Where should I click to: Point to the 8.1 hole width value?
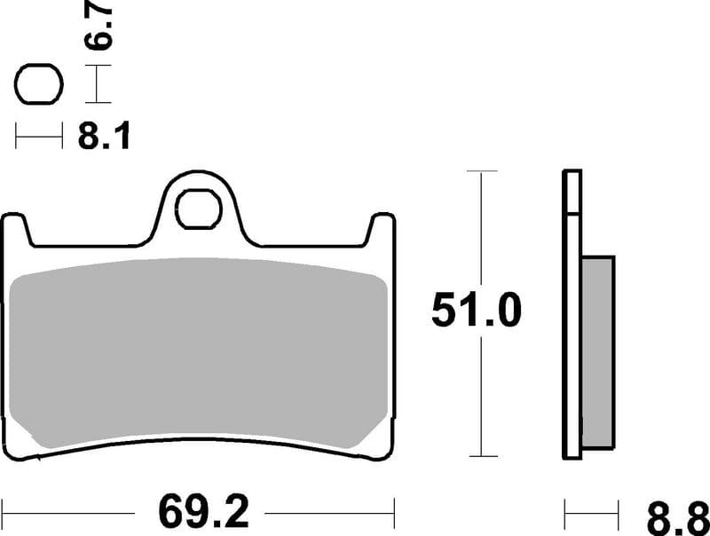coord(103,137)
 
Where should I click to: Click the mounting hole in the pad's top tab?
coord(200,209)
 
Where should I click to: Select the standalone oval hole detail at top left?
coord(39,86)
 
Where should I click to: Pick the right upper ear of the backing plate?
coord(383,224)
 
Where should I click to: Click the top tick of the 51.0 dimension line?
coord(481,170)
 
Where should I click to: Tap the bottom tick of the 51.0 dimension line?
coord(481,457)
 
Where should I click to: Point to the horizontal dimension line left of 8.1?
coord(39,137)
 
